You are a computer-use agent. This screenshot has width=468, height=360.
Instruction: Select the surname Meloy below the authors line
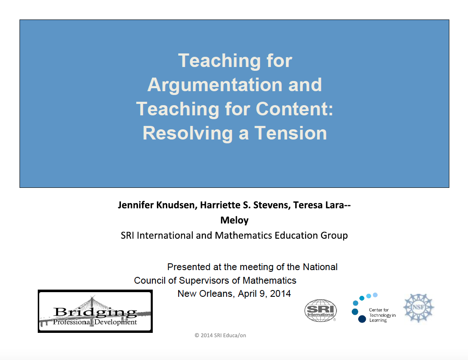tap(234, 220)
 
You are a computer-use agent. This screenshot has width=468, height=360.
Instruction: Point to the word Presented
tap(189, 267)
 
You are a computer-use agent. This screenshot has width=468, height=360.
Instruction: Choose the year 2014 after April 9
tap(280, 293)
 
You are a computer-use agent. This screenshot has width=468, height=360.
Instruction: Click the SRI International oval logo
tap(321, 311)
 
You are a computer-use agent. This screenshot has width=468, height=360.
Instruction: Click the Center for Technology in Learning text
tap(382, 315)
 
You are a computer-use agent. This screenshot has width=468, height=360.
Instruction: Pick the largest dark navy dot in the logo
tap(362, 319)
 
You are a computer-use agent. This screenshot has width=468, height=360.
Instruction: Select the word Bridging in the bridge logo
tap(95, 313)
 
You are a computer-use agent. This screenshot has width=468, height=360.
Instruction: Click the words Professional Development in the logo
tap(95, 322)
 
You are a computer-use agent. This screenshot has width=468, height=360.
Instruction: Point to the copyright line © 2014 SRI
tap(220, 335)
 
